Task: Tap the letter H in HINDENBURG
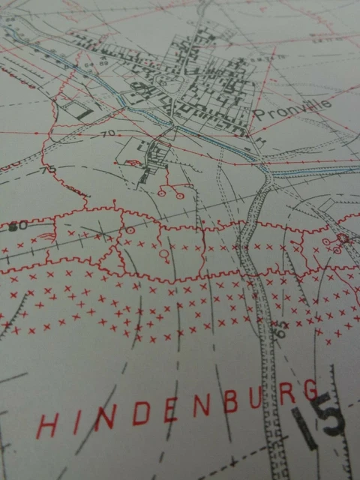(x=46, y=426)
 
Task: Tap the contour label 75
(x=49, y=169)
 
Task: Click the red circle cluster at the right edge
(x=341, y=241)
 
